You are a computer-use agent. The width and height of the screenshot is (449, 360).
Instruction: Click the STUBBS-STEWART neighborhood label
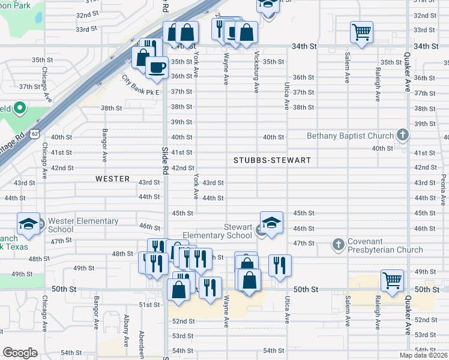pyautogui.click(x=273, y=160)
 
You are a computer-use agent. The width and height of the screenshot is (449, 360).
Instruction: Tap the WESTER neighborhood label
pyautogui.click(x=112, y=179)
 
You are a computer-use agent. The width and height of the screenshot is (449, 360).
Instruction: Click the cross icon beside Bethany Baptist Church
pyautogui.click(x=403, y=136)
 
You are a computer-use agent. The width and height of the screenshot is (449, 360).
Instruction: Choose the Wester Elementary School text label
pyautogui.click(x=83, y=225)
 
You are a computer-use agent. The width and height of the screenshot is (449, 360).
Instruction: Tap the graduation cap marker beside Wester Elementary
pyautogui.click(x=28, y=224)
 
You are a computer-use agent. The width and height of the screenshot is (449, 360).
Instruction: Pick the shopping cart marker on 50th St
pyautogui.click(x=392, y=280)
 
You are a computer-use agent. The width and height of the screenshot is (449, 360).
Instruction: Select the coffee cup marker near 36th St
pyautogui.click(x=157, y=68)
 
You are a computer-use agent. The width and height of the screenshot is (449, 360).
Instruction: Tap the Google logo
pyautogui.click(x=20, y=353)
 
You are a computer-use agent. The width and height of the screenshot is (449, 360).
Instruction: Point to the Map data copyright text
pyautogui.click(x=424, y=355)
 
